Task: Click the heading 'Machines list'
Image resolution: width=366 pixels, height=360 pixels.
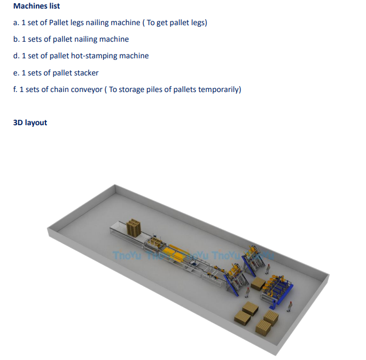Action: click(x=36, y=6)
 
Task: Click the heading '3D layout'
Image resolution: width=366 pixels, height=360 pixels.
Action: click(x=30, y=122)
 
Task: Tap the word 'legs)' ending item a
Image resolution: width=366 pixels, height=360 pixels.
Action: click(x=198, y=22)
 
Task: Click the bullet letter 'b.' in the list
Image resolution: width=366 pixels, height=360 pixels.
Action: click(x=17, y=39)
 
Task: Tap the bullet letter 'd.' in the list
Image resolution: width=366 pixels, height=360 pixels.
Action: click(x=17, y=56)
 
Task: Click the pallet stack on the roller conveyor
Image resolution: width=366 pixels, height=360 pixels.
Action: click(x=134, y=227)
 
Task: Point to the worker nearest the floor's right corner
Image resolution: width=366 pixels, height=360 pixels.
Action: click(x=290, y=307)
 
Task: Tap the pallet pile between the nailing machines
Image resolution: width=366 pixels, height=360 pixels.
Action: click(x=258, y=284)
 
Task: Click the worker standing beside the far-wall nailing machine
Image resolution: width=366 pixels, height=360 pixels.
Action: click(x=268, y=269)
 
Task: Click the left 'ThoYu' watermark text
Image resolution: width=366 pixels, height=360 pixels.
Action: click(x=127, y=256)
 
